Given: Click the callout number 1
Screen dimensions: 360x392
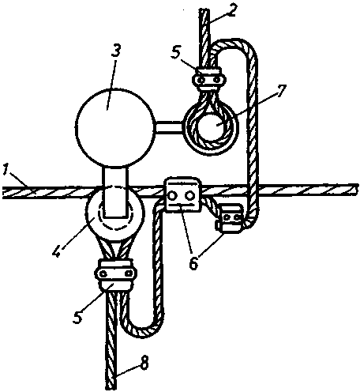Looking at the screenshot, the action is point(6,171).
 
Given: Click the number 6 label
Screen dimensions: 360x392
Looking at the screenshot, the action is point(194,262).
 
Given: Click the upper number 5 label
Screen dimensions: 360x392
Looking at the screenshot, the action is point(177,55).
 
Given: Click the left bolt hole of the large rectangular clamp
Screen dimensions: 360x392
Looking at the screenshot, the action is point(174,196).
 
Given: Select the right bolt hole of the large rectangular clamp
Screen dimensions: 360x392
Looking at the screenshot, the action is point(189,196).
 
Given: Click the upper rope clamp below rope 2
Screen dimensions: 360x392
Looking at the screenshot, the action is point(209,79).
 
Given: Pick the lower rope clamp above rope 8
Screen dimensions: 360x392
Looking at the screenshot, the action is point(115,274).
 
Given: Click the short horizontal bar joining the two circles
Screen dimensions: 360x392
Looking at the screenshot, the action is point(168,127).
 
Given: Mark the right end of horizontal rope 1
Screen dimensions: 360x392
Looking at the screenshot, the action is point(358,189).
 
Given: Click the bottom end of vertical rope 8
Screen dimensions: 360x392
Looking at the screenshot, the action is point(111,389).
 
